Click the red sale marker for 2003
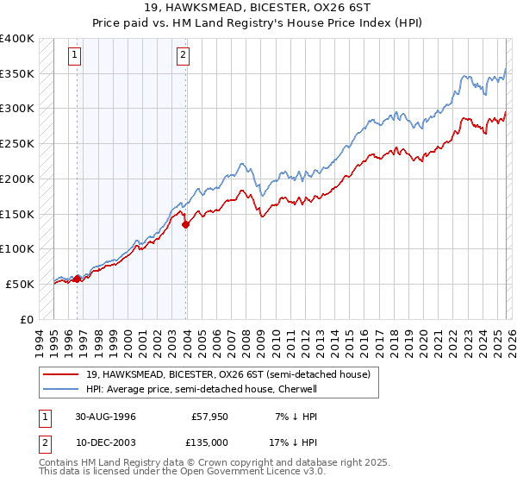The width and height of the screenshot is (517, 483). click(186, 224)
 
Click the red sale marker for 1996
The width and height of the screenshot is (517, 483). click(78, 278)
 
